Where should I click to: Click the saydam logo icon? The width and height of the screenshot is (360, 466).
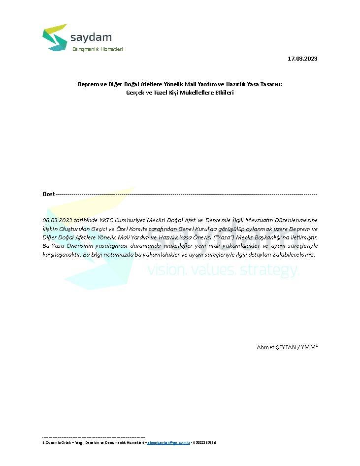pos(55,37)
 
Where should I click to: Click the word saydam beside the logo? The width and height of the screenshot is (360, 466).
pos(91,37)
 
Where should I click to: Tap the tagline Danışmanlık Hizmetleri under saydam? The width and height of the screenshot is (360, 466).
pos(98,49)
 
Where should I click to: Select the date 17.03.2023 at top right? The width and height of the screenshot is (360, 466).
pos(302,59)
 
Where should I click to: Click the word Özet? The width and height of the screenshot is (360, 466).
pos(48,194)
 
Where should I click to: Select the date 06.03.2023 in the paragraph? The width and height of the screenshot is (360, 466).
pos(58,220)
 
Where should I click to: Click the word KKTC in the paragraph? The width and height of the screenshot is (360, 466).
pos(106,220)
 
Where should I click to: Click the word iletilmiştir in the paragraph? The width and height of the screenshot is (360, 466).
pos(301,237)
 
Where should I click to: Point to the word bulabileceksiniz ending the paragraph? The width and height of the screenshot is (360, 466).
pos(290,255)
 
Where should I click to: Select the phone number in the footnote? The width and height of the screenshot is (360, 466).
pos(204,442)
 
